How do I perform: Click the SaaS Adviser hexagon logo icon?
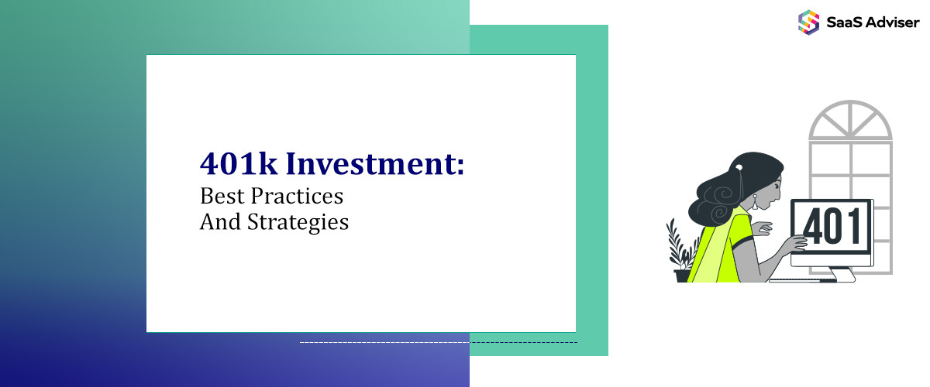tap(808, 21)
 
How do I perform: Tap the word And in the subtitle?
tap(216, 222)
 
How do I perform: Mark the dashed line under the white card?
tap(438, 341)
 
